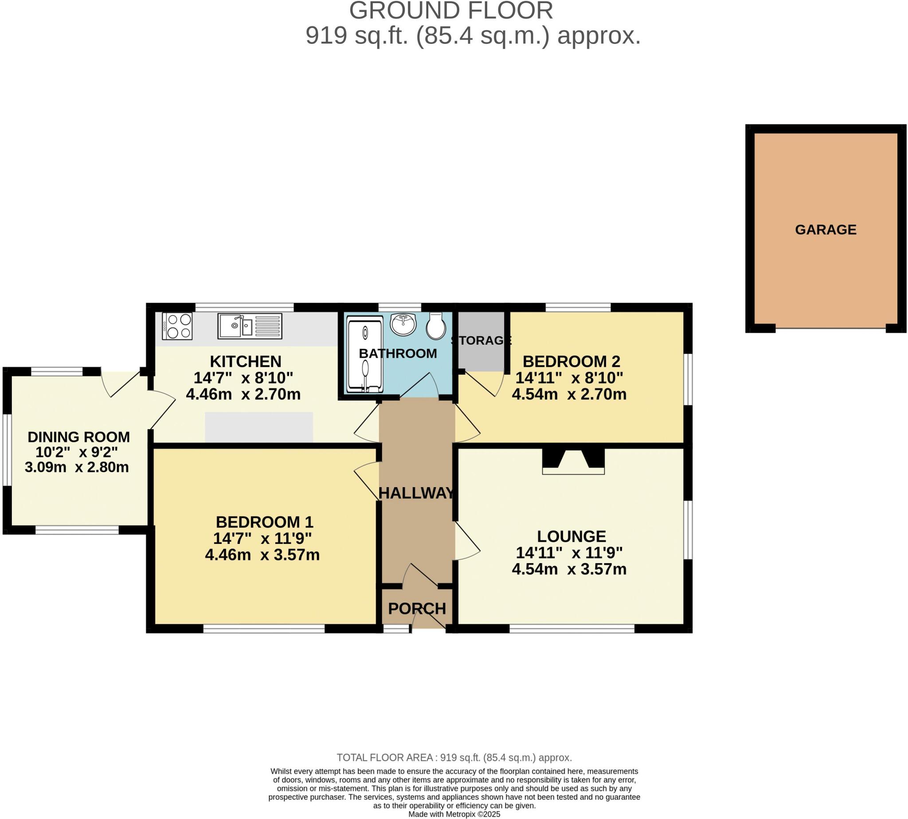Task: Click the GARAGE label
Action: point(825,229)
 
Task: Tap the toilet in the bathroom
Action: point(435,326)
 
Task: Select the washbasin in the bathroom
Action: point(403,324)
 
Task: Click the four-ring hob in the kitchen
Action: point(177,326)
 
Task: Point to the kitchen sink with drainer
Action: point(250,326)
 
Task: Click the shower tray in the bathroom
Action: point(364,353)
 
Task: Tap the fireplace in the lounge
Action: point(573,461)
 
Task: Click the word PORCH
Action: point(416,609)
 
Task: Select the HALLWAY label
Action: point(416,493)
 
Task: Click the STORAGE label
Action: point(481,340)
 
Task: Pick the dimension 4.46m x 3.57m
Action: point(262,555)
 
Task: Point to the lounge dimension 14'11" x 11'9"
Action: point(569,552)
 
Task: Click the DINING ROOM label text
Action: point(79,437)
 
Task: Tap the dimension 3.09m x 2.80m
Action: point(77,467)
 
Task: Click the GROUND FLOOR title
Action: point(450,10)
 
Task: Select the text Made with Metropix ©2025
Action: point(454,814)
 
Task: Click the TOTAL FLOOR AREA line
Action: point(454,757)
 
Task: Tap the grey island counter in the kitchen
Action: point(258,427)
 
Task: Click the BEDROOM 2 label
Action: point(571,361)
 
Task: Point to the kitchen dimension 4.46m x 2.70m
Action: point(243,394)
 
